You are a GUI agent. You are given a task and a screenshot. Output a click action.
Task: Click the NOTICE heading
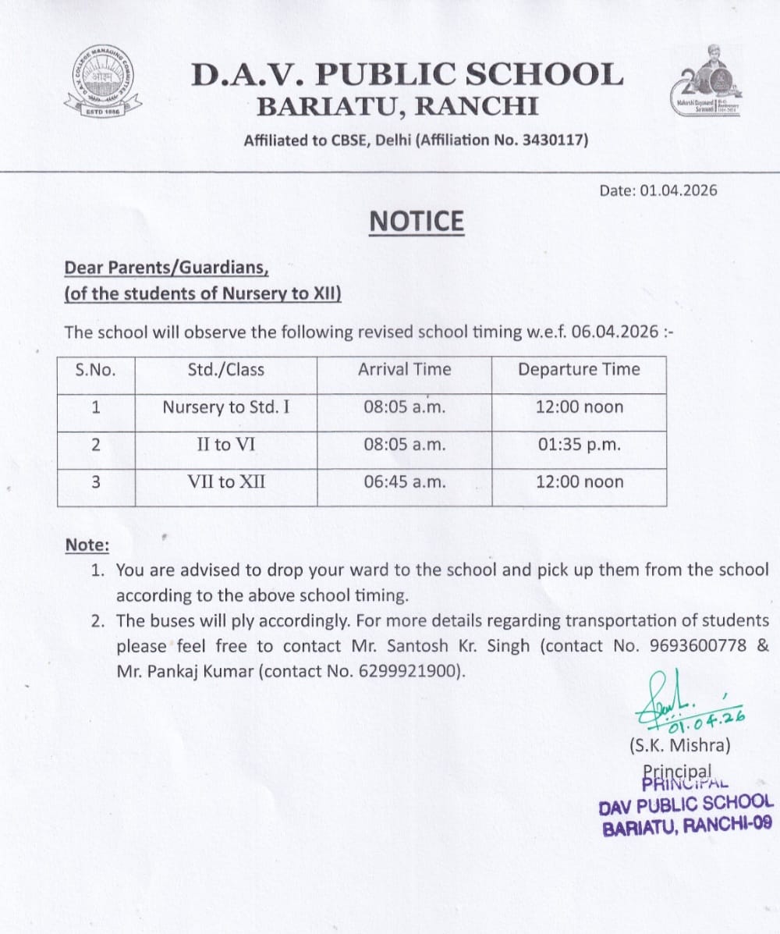417,222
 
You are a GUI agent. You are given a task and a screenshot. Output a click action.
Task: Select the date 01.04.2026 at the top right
679,190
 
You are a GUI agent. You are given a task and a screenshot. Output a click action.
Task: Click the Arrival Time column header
404,369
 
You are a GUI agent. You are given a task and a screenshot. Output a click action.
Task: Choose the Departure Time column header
579,369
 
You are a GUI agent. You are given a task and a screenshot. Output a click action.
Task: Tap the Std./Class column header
226,369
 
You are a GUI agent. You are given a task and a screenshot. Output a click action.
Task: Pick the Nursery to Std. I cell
226,407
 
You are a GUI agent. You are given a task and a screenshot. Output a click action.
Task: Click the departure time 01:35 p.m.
580,445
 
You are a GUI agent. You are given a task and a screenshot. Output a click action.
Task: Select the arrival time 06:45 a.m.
405,482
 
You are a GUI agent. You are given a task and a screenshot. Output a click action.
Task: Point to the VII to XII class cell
226,482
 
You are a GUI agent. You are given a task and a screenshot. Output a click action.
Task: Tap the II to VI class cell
226,445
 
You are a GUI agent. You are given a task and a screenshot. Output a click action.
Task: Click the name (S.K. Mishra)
679,746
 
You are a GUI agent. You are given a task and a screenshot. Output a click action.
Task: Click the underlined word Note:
87,545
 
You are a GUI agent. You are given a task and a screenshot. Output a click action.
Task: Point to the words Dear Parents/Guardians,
166,268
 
